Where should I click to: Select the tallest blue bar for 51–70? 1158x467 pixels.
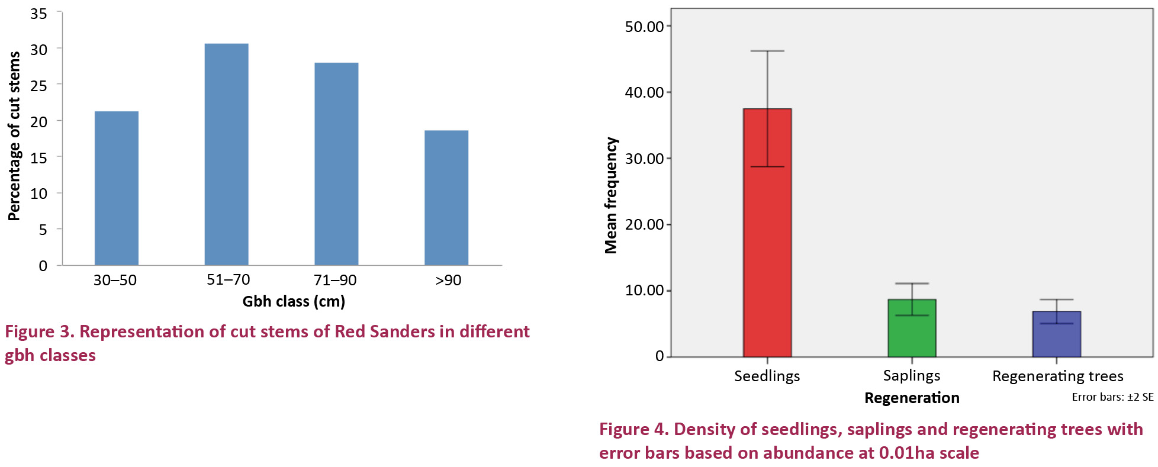point(226,154)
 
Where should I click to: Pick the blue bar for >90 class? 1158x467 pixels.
point(446,198)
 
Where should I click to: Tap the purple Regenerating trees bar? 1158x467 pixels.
point(1057,338)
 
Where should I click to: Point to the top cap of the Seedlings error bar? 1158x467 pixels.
point(767,51)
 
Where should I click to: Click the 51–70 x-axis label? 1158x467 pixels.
point(228,280)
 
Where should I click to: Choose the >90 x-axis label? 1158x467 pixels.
point(448,281)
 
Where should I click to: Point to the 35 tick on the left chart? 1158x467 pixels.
point(38,14)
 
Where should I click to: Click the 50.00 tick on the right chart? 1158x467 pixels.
point(644,27)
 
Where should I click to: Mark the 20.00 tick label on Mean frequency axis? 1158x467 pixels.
point(644,224)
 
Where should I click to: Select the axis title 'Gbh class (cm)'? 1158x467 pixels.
point(294,301)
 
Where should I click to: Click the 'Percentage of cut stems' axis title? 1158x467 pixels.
point(14,136)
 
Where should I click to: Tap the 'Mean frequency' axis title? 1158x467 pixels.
point(610,195)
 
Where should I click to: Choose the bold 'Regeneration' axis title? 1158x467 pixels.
point(912,398)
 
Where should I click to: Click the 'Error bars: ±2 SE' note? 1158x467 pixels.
point(1112,397)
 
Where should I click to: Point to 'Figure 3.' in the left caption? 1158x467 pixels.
point(39,331)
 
